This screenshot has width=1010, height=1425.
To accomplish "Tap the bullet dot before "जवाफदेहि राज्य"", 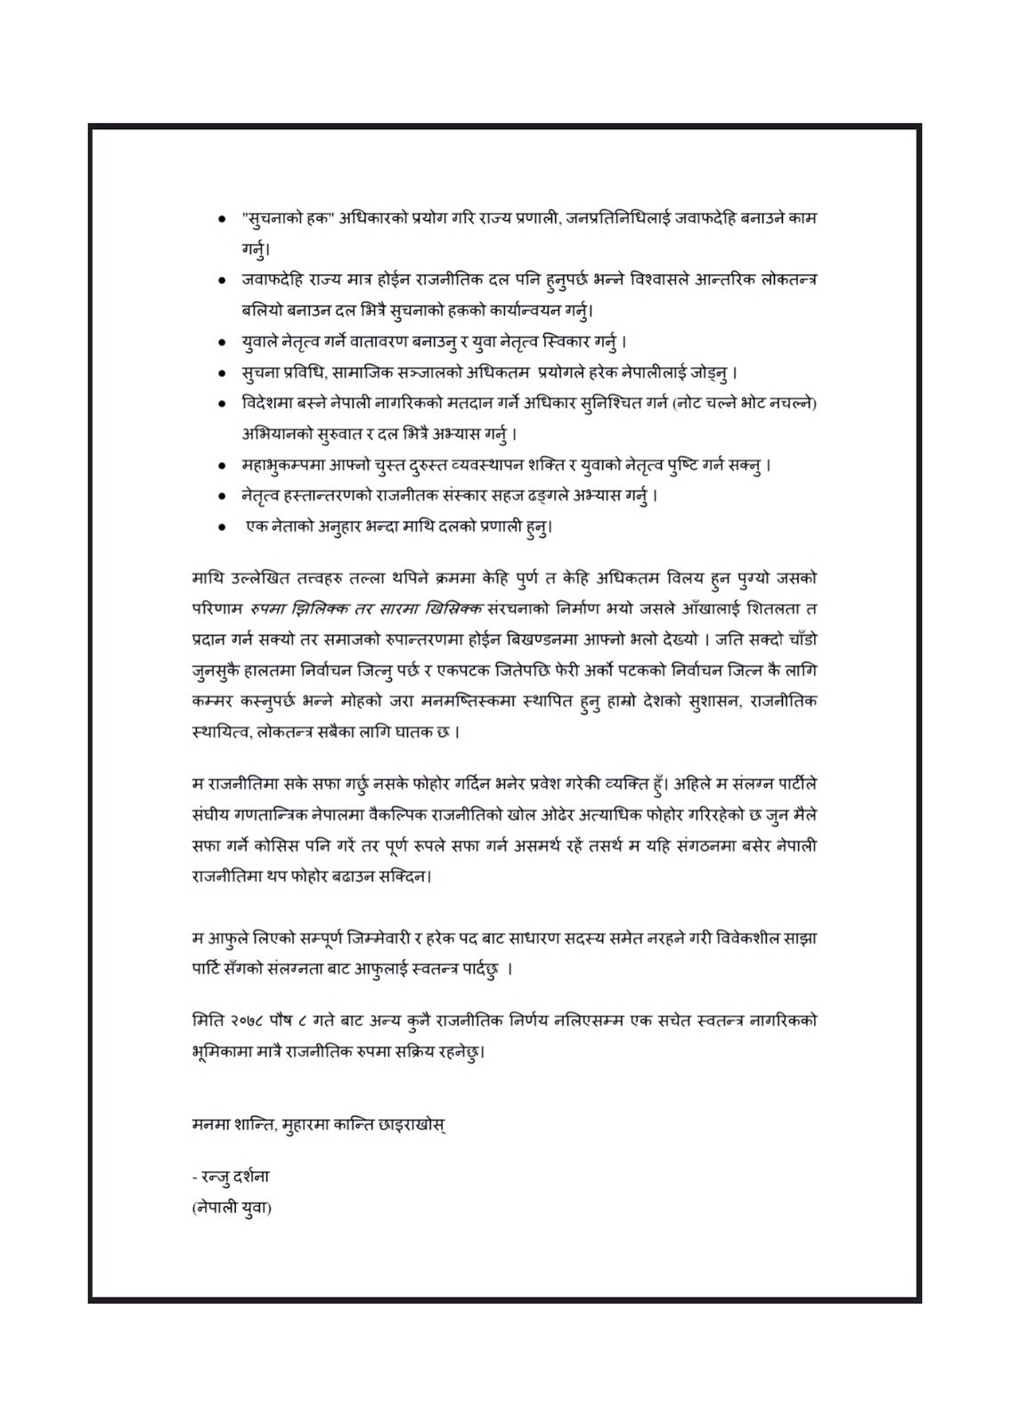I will [221, 281].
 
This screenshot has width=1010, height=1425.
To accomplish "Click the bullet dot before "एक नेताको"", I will [221, 526].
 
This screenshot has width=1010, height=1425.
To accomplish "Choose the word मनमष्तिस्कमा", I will [483, 701].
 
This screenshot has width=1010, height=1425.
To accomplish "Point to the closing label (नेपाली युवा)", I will [232, 1208].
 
